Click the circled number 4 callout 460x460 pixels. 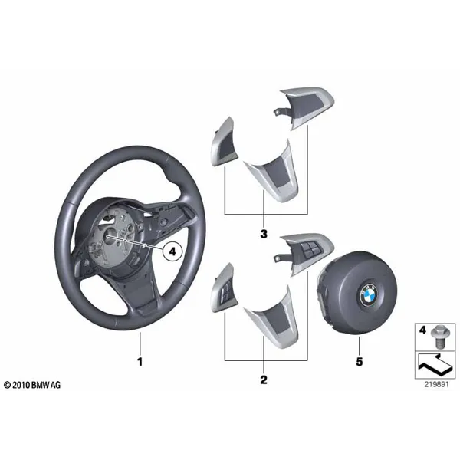(172, 251)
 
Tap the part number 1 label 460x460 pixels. (140, 361)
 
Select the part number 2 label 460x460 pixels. (264, 379)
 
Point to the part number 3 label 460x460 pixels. (264, 234)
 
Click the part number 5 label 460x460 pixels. (360, 361)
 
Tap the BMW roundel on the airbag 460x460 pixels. (366, 295)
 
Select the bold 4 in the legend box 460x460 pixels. (422, 330)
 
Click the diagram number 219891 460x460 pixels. (436, 384)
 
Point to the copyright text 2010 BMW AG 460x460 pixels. (32, 385)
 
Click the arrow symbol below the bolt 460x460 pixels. (435, 365)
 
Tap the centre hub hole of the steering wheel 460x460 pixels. (109, 236)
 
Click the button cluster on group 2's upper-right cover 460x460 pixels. (310, 248)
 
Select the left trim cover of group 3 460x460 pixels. (222, 142)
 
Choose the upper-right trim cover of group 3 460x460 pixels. (305, 107)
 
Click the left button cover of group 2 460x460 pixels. (222, 288)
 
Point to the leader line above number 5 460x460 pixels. (360, 345)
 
